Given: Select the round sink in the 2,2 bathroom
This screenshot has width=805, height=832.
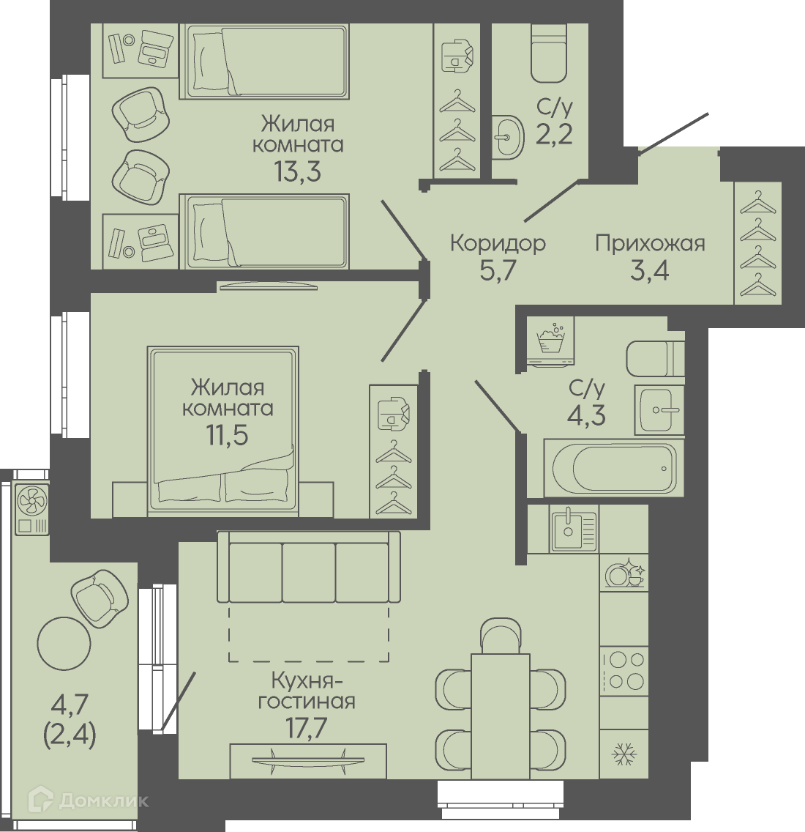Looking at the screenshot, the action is tap(508, 137).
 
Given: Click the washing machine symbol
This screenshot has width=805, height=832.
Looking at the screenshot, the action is tap(550, 341).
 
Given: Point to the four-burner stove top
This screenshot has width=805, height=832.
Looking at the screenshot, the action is tap(624, 670).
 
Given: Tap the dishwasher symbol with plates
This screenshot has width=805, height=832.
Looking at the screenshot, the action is tap(624, 572).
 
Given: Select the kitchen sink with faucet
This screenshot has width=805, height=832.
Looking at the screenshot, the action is tap(574, 529).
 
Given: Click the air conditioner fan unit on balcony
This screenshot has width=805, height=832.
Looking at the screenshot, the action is tap(32, 510).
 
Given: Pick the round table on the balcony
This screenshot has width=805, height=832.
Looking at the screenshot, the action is tap(64, 644).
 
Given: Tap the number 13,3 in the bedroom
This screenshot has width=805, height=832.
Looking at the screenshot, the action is tap(298, 171).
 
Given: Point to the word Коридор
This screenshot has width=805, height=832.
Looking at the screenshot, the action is tap(498, 244).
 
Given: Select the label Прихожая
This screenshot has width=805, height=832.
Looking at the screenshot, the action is tap(650, 244).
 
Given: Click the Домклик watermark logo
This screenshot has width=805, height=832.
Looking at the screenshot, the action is tap(89, 800).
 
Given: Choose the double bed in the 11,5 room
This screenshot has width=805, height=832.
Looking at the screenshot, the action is tap(222, 431).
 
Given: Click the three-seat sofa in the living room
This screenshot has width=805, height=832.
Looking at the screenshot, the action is tap(309, 567).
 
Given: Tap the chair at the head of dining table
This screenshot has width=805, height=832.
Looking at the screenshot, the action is tap(500, 636).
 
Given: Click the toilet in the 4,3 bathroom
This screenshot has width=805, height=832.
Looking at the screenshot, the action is tap(655, 358).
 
